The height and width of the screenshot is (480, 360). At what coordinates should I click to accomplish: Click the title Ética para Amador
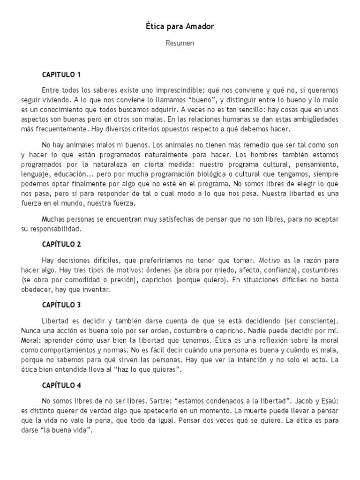pos(180,27)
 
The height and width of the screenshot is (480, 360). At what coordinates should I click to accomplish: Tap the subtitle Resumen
pos(180,43)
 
